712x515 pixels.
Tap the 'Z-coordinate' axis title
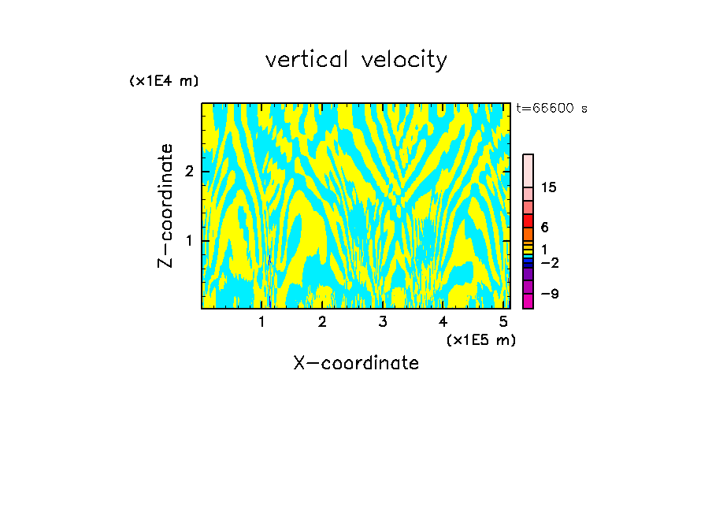click(x=165, y=206)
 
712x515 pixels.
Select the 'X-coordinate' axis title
click(x=356, y=363)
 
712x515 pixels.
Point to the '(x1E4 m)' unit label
click(x=164, y=81)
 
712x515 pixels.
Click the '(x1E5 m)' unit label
click(x=480, y=339)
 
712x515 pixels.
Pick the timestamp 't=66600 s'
click(x=551, y=109)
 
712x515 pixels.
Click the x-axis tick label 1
click(x=262, y=321)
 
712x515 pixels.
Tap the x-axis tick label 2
click(x=322, y=321)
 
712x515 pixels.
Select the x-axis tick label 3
click(x=383, y=321)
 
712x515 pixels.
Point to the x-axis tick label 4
click(x=443, y=321)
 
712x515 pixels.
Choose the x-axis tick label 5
click(x=503, y=321)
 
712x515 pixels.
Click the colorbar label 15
click(x=549, y=187)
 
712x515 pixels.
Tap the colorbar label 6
click(x=544, y=228)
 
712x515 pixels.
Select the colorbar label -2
click(x=549, y=262)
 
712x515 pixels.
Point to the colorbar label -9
click(x=549, y=294)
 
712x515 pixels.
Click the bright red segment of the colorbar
click(x=528, y=221)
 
